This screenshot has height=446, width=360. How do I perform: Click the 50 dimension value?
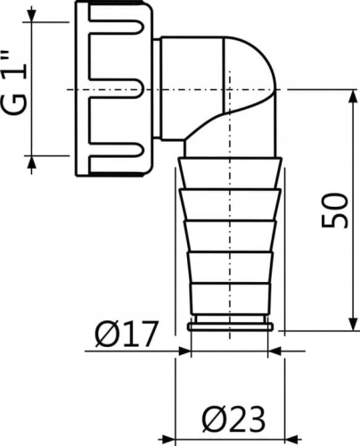(335, 210)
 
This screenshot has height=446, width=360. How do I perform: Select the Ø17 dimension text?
(126, 335)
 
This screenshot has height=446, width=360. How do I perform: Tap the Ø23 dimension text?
(227, 417)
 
